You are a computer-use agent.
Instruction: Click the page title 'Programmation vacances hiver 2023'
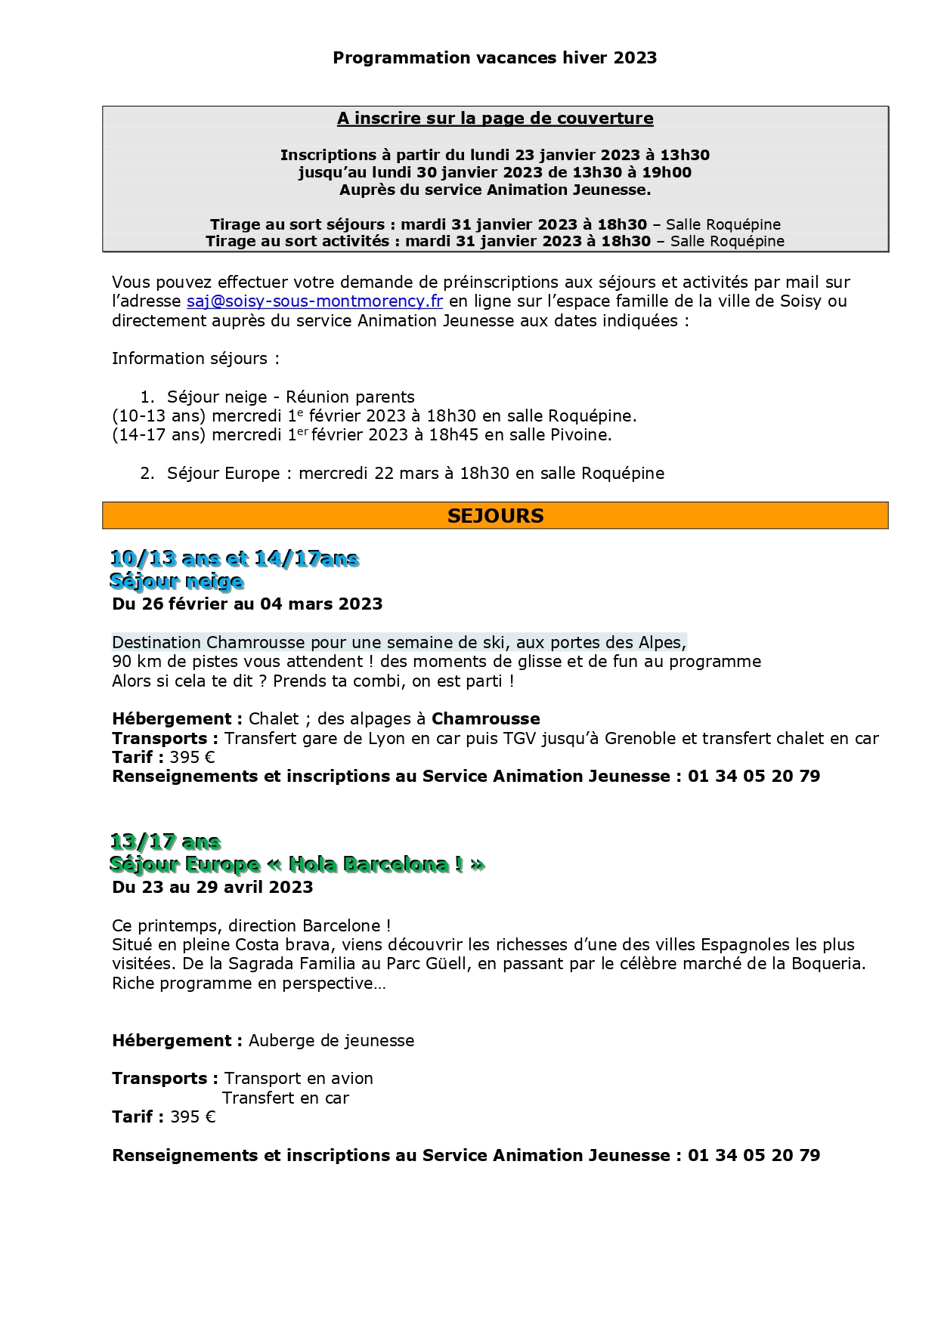(494, 58)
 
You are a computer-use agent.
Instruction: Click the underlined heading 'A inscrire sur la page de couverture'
(495, 119)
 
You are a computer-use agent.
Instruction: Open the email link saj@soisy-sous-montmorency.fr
(314, 301)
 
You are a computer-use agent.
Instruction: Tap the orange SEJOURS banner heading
(495, 516)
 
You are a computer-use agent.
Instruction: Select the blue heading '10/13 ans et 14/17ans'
(234, 558)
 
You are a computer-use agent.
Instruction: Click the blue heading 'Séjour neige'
(177, 581)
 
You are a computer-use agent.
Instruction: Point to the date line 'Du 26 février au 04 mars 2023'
(247, 604)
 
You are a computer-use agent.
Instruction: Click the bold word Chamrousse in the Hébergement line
(485, 719)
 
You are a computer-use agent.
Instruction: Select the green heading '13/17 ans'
(166, 842)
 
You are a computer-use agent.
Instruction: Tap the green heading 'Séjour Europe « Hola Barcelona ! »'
(297, 864)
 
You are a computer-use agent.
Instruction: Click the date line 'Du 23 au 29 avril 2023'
(212, 888)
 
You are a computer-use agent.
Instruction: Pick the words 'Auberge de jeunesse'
(331, 1041)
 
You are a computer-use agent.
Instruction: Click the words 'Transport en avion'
(299, 1079)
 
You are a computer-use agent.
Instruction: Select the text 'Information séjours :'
(195, 359)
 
